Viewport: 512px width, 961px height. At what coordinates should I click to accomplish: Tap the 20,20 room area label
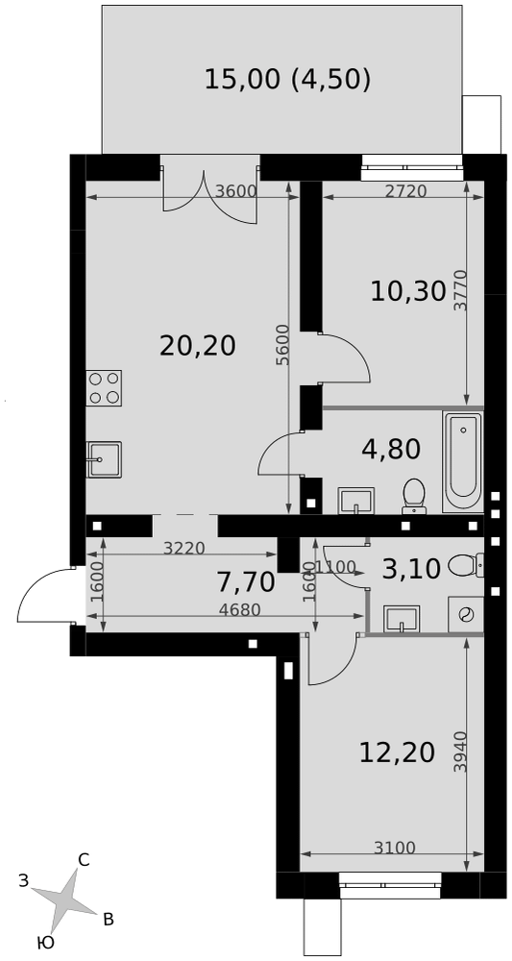[x=197, y=346]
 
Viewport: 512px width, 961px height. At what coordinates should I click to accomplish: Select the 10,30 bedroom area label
[x=408, y=291]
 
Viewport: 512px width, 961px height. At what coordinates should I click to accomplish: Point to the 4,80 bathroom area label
[x=391, y=449]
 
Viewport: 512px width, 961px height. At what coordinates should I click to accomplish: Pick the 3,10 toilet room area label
[x=411, y=569]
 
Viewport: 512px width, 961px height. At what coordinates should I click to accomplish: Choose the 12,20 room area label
[x=398, y=752]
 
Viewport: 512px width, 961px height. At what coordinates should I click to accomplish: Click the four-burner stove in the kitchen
[x=104, y=388]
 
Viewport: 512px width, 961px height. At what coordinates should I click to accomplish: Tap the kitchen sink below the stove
[x=104, y=459]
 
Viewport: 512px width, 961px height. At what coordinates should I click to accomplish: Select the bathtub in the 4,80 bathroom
[x=462, y=461]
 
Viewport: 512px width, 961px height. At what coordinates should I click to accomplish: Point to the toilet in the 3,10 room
[x=467, y=564]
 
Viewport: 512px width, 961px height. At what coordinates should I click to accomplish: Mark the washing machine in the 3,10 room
[x=466, y=613]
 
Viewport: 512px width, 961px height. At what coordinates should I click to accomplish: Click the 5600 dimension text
[x=282, y=345]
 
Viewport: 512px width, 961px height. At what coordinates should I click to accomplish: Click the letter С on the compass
[x=84, y=860]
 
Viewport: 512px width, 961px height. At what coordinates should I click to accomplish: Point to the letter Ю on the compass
[x=45, y=944]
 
